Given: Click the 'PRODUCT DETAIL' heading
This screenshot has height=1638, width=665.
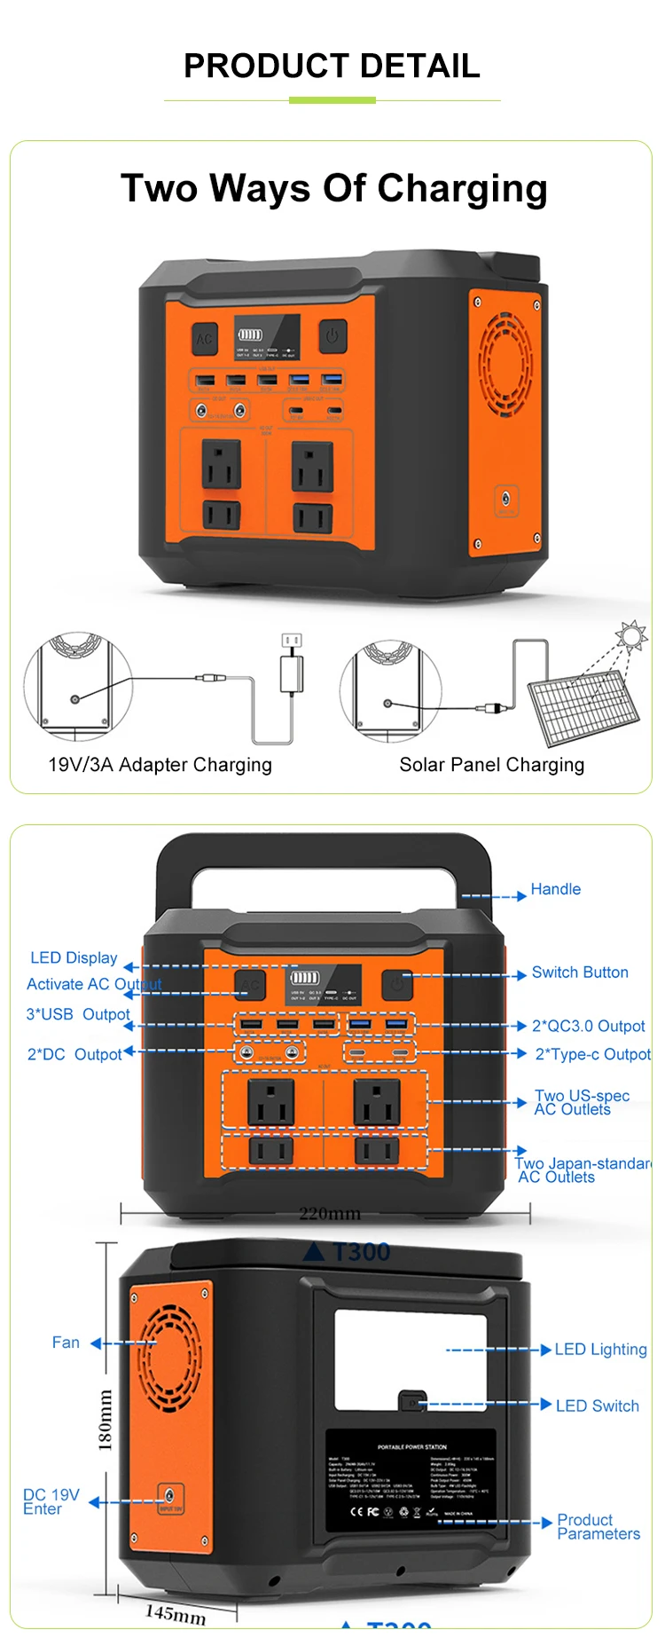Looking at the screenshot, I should click(332, 66).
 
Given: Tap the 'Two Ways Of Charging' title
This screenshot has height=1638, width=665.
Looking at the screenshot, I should click(333, 188).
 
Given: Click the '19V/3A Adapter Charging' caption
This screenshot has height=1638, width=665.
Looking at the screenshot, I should click(160, 765).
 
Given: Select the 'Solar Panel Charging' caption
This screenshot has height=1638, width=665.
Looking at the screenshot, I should click(491, 765).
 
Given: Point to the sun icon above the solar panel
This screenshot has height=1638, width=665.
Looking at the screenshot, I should click(632, 635).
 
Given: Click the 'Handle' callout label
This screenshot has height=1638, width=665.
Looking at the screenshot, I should click(555, 889).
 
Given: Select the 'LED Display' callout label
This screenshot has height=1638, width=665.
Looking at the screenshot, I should click(74, 958).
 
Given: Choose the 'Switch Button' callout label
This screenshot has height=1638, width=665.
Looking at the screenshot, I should click(580, 973).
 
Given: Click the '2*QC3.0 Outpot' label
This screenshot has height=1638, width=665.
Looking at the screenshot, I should click(588, 1027).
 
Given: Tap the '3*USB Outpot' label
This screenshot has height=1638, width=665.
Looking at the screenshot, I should click(78, 1014).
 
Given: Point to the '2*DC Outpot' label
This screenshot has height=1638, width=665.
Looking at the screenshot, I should click(74, 1055).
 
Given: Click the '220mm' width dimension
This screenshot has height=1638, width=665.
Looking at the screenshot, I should click(329, 1213).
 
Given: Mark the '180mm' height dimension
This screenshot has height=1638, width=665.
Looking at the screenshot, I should click(106, 1420).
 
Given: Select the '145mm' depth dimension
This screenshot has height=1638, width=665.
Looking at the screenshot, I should click(176, 1613).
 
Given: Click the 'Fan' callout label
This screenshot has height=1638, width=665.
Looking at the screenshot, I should click(66, 1343).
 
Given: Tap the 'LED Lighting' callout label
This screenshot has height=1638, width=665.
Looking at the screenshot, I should click(600, 1350).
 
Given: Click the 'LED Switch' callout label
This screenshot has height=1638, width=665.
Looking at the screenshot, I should click(597, 1406).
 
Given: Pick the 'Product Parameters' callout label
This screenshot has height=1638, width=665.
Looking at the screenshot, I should click(598, 1526).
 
